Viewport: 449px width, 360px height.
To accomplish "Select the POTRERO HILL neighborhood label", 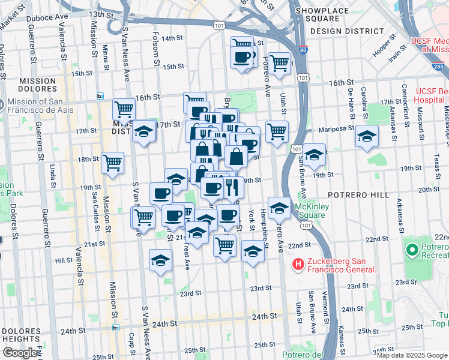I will pyautogui.click(x=351, y=196).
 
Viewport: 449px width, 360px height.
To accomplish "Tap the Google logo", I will pyautogui.click(x=20, y=353).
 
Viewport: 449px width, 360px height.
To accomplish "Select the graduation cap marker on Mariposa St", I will pyautogui.click(x=367, y=137).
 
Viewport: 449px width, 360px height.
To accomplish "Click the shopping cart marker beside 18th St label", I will pyautogui.click(x=113, y=162).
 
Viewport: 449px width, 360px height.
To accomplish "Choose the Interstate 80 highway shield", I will pyautogui.click(x=304, y=50).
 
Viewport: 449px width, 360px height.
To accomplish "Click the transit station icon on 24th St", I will pyautogui.click(x=115, y=328).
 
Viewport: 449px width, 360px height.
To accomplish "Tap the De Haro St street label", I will pyautogui.click(x=350, y=98).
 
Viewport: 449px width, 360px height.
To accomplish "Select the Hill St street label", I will pyautogui.click(x=64, y=261).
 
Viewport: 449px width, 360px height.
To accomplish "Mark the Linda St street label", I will pyautogui.click(x=53, y=174).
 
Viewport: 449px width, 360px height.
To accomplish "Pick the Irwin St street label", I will pyautogui.click(x=394, y=55).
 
